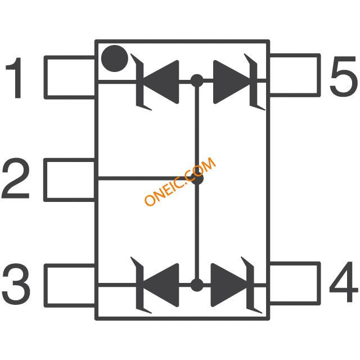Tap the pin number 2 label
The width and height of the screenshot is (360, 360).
16,178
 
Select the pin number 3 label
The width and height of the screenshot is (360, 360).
16,284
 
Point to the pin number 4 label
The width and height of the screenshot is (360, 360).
344,282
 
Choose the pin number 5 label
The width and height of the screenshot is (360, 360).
344,76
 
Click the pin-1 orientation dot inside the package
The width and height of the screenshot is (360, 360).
115,58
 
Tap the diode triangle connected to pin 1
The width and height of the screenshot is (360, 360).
161,82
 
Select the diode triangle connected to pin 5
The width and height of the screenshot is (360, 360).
232,82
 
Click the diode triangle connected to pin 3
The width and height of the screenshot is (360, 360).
161,285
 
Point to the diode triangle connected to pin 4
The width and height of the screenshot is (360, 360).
229,285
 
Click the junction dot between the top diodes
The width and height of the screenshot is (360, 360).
197,81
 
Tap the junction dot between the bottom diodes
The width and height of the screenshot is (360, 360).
197,285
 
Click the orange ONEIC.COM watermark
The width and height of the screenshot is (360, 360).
180,181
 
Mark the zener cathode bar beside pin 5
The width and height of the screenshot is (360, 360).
254,82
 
